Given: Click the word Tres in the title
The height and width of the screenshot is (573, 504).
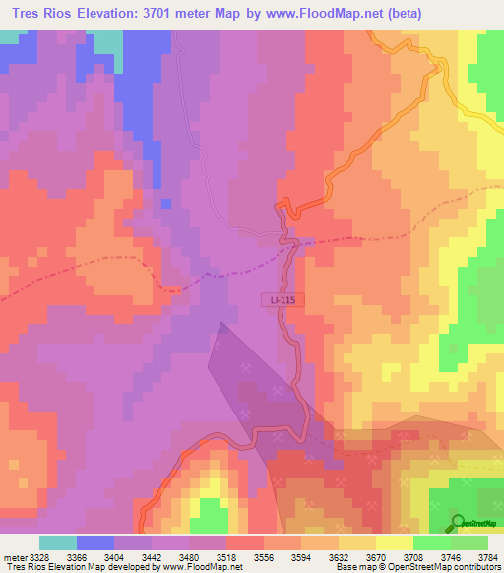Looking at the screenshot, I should point(27,15).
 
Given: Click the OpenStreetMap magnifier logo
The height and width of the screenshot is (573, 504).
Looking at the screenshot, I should point(460,522).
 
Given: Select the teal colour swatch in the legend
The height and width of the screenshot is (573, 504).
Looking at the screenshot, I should point(58,541).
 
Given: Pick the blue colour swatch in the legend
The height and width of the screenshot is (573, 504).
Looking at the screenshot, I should point(95,541).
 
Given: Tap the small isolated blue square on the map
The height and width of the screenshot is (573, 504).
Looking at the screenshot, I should point(165,204).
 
